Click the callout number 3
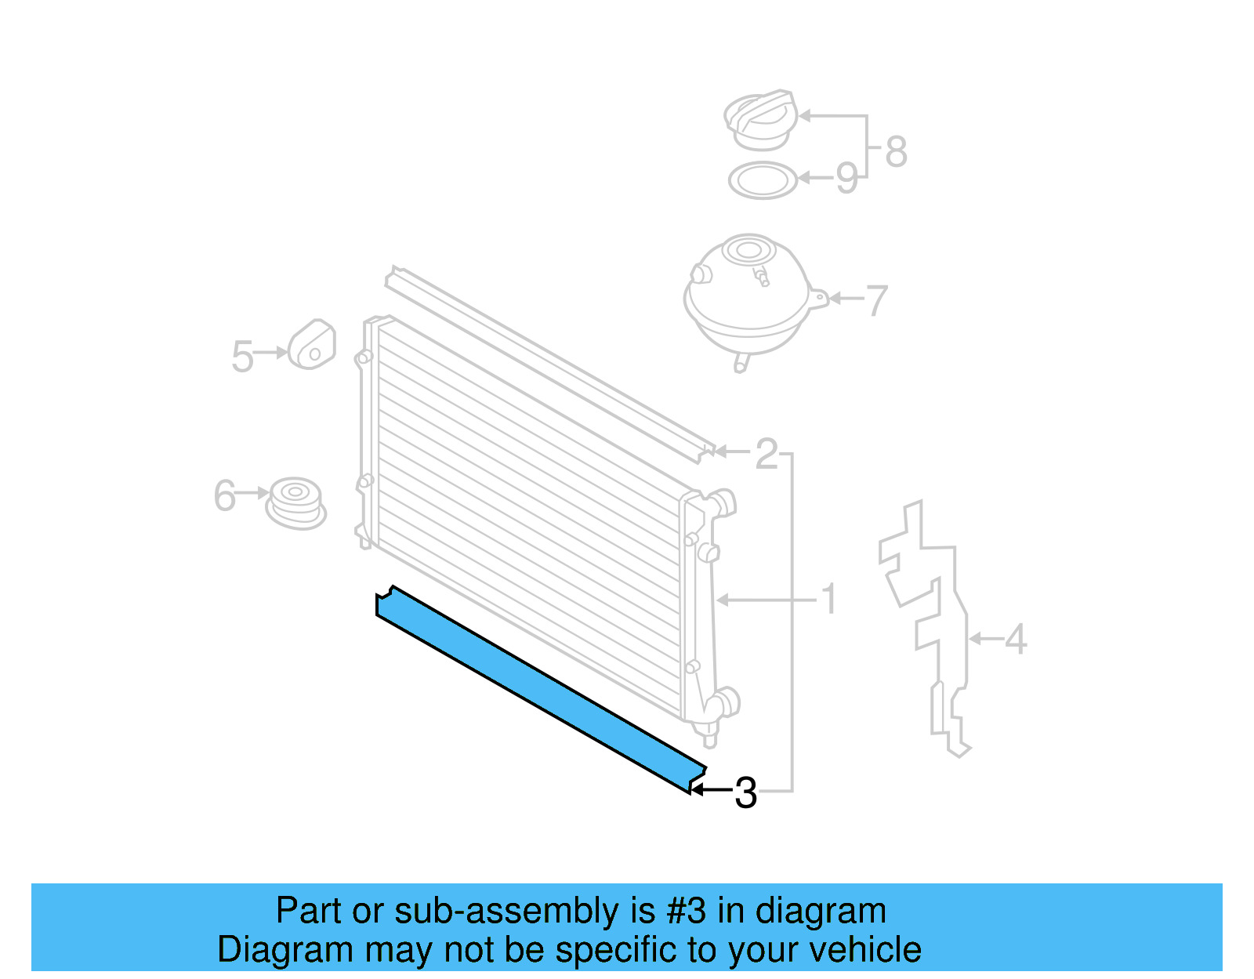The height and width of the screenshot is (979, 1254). [745, 793]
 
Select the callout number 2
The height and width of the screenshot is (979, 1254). [767, 453]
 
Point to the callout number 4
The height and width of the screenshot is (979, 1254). [1016, 639]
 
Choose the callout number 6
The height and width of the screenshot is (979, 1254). [224, 495]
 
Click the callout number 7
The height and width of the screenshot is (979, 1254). [877, 300]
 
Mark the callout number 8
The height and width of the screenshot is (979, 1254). [896, 152]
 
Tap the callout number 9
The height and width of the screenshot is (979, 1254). [847, 177]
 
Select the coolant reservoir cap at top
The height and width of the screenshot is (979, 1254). [761, 119]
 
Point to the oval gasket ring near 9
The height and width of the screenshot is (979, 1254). [763, 180]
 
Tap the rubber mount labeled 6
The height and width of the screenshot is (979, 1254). [295, 503]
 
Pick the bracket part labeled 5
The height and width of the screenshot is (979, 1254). [312, 344]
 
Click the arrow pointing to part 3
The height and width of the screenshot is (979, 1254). [712, 789]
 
